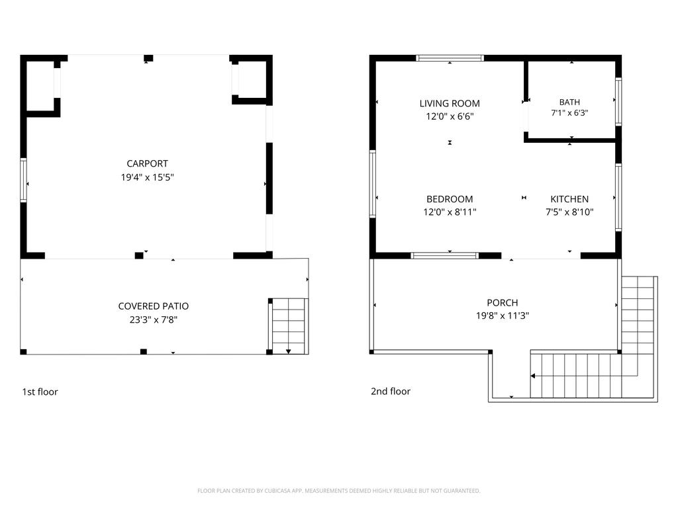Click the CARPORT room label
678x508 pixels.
tap(147, 164)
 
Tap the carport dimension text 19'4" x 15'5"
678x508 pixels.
tap(147, 177)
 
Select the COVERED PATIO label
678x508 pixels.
tap(154, 306)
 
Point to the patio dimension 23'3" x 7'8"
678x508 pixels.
tap(154, 319)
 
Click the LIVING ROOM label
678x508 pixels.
tap(450, 104)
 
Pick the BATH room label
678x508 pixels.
tap(569, 103)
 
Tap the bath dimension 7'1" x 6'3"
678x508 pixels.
tap(569, 113)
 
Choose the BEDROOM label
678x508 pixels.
tap(450, 199)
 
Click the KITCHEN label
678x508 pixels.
tap(569, 199)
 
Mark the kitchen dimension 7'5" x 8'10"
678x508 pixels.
tap(569, 212)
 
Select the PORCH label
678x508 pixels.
tap(503, 303)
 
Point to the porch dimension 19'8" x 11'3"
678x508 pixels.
tap(503, 316)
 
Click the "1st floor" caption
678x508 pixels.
tap(40, 392)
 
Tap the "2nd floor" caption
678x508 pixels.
tap(391, 392)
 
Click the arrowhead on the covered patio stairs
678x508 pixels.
tap(289, 352)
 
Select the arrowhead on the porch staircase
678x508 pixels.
tap(533, 376)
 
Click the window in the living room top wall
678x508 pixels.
tap(450, 58)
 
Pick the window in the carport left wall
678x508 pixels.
tap(23, 180)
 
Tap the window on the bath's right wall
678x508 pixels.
tap(618, 101)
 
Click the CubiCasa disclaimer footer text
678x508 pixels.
tap(338, 491)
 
